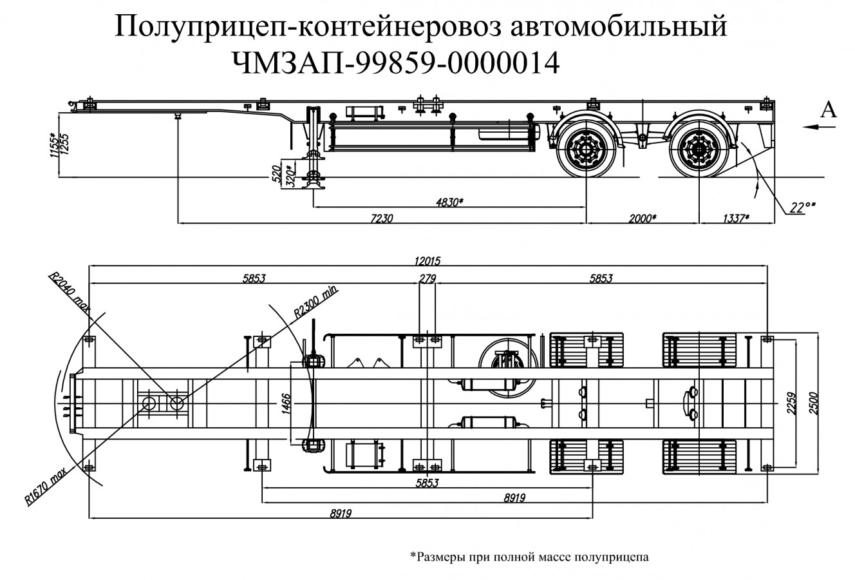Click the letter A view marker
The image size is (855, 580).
(x=829, y=111)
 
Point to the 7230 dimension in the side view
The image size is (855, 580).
(x=381, y=219)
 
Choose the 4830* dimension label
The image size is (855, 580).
(x=449, y=202)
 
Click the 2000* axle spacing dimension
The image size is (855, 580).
(x=642, y=219)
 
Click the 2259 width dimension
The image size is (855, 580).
(x=798, y=403)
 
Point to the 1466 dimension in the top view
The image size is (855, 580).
(x=285, y=403)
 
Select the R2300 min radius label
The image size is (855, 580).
(x=315, y=300)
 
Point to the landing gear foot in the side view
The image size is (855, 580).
(x=314, y=186)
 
